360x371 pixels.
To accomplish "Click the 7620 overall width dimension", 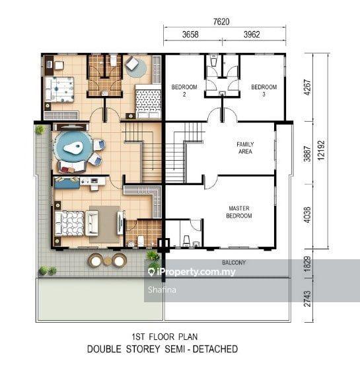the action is click(x=221, y=22).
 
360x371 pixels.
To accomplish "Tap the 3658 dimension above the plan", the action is click(x=190, y=34).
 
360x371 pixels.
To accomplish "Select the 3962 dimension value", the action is click(x=252, y=34).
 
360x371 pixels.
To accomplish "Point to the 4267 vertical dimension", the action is click(x=307, y=87).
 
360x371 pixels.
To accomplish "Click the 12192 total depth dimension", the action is click(x=321, y=151).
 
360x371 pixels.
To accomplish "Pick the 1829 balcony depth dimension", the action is click(x=307, y=264).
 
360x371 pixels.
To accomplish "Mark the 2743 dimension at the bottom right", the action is click(x=307, y=299).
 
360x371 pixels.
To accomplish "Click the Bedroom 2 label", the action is click(x=184, y=91).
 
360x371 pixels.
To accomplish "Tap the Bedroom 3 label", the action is click(x=264, y=91).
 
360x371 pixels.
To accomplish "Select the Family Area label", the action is click(x=245, y=148).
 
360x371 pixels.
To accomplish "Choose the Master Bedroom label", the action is click(x=239, y=212).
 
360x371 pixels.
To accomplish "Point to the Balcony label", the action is click(x=234, y=263).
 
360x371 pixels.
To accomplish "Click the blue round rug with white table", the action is click(x=73, y=147).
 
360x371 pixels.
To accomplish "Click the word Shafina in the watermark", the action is click(x=162, y=290).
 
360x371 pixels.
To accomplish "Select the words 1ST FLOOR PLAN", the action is click(x=164, y=337).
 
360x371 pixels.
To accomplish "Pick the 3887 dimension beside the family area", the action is click(x=307, y=154).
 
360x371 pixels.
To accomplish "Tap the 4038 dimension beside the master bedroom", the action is click(x=307, y=215).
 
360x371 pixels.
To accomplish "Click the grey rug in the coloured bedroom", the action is click(x=105, y=224).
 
